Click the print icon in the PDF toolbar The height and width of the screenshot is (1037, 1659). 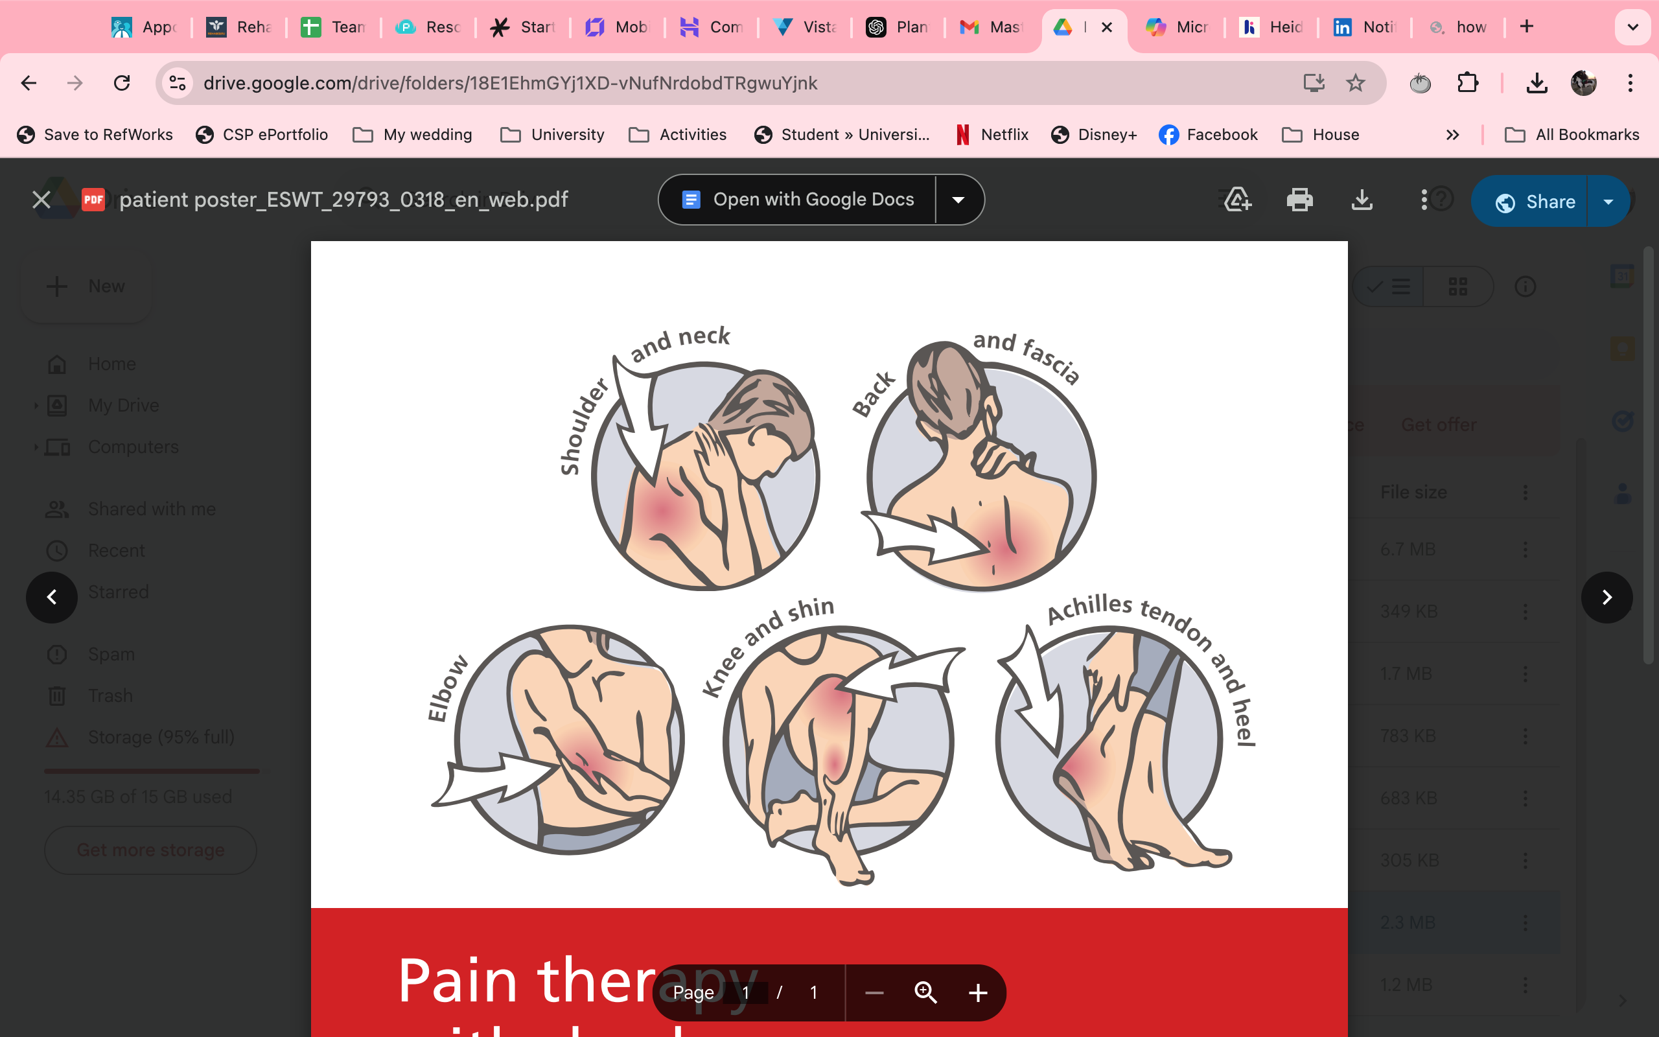point(1299,200)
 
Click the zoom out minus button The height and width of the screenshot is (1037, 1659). point(874,992)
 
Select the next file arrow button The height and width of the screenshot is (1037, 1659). point(1607,598)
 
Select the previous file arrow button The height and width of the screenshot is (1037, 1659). point(52,598)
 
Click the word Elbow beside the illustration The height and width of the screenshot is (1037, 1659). point(447,688)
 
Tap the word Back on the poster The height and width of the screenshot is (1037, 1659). point(874,394)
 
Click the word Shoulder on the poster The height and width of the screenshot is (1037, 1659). point(583,426)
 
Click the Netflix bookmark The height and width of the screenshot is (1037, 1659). point(993,135)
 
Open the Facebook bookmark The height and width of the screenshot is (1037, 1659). point(1208,135)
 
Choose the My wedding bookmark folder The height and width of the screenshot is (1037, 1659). point(413,135)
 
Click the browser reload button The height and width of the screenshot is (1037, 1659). point(122,83)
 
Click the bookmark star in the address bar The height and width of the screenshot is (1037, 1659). point(1355,83)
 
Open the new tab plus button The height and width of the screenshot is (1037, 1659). point(1527,27)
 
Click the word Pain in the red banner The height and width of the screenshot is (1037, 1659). point(458,981)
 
